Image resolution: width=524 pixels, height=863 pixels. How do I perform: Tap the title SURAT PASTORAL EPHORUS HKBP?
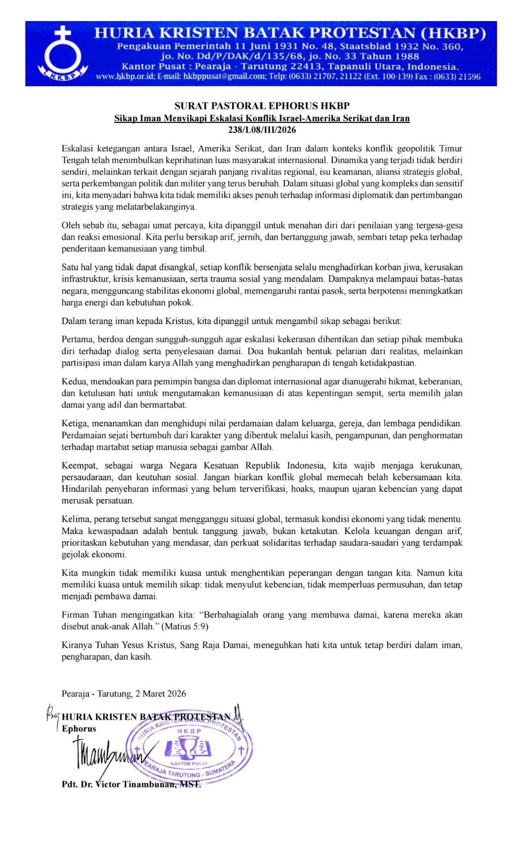262,106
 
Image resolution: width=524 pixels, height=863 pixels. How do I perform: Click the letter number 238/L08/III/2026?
262,129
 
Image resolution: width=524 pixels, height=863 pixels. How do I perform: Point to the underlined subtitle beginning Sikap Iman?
262,118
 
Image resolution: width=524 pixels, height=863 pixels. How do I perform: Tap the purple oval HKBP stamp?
189,747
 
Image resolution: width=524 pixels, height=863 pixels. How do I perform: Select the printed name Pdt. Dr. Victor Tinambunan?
131,784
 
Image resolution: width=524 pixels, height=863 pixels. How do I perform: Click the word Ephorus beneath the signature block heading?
79,729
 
